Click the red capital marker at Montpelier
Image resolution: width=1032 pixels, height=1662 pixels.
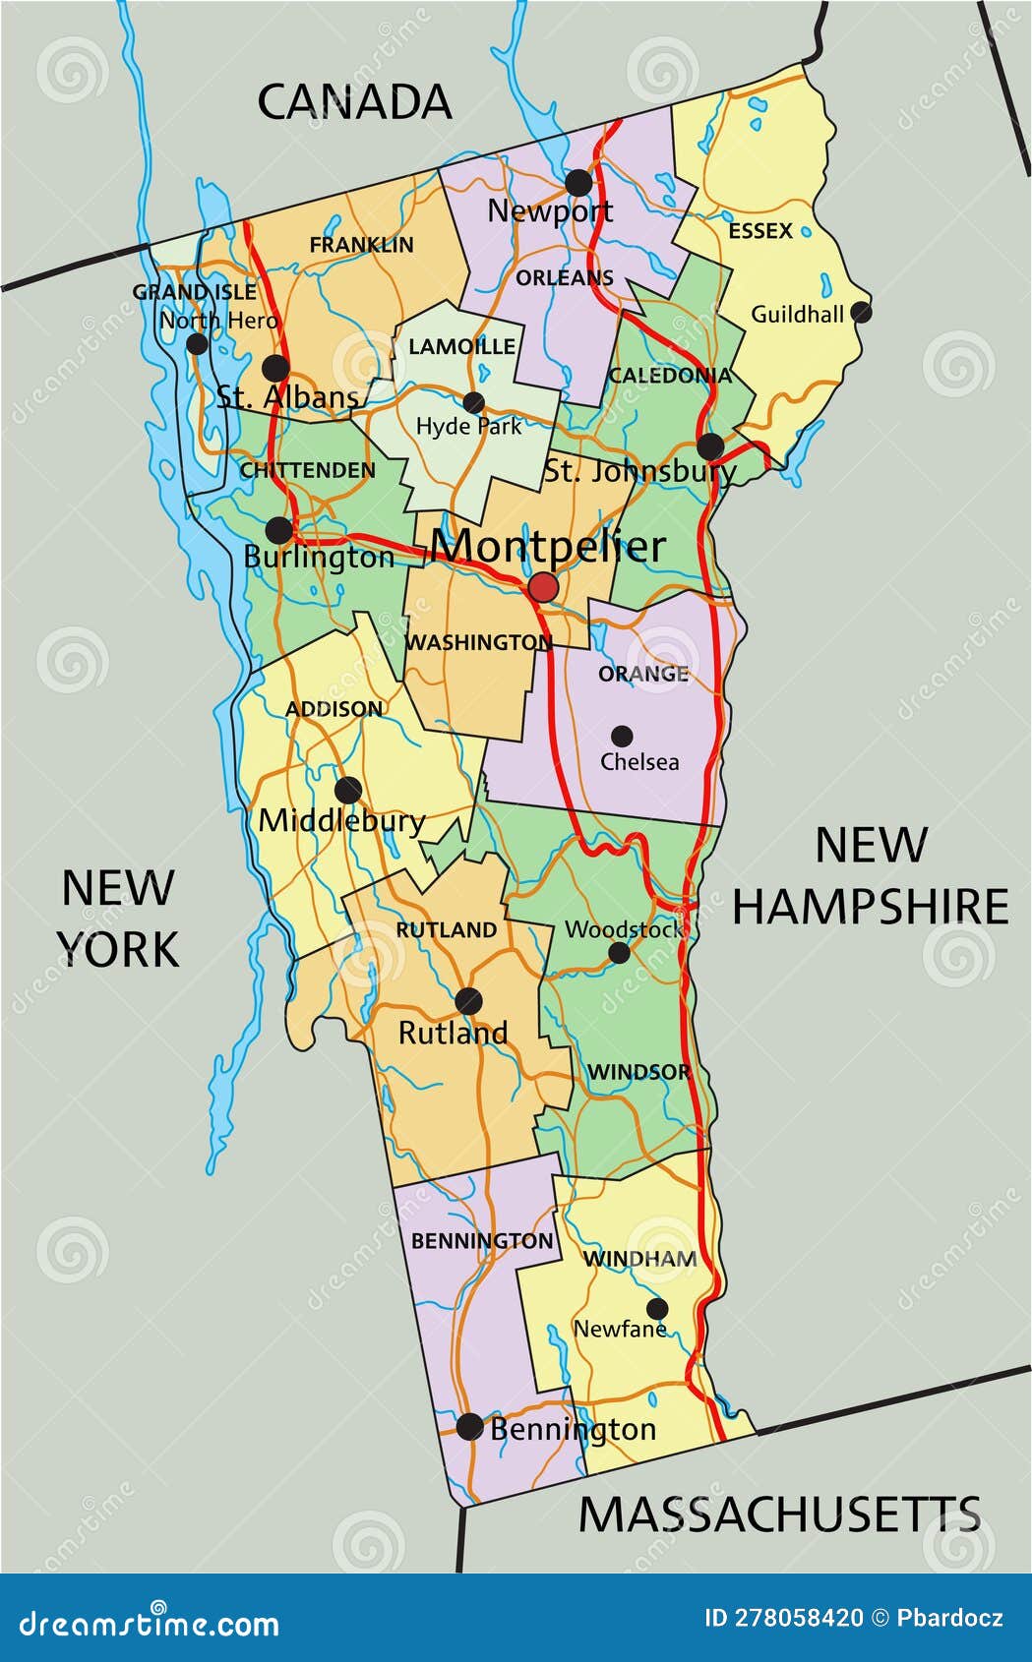(543, 588)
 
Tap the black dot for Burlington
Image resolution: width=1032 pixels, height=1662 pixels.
(279, 531)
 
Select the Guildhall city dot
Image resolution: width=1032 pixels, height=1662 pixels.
(861, 312)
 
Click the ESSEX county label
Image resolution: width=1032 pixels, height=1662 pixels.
(760, 231)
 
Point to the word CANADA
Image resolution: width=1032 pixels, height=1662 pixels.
(354, 102)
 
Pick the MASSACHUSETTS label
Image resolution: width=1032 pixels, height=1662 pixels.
(779, 1514)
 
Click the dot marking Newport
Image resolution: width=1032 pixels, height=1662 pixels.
(578, 182)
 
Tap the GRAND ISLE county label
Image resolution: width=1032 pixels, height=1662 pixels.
(194, 292)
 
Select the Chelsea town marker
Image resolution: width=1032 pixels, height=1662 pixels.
(622, 736)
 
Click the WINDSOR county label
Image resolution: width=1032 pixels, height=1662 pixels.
(639, 1072)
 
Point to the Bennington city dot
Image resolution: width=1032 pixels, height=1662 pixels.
(470, 1426)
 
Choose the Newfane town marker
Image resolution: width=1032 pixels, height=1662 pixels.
(657, 1308)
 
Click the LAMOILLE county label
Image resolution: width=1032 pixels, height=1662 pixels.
(461, 346)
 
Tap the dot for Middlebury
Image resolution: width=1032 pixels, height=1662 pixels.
(347, 790)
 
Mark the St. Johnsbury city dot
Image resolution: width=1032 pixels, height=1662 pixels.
(710, 446)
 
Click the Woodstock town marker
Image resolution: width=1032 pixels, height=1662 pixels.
(619, 952)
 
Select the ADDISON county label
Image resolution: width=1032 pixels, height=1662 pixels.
(334, 709)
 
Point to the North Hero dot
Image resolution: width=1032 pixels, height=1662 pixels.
(197, 343)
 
